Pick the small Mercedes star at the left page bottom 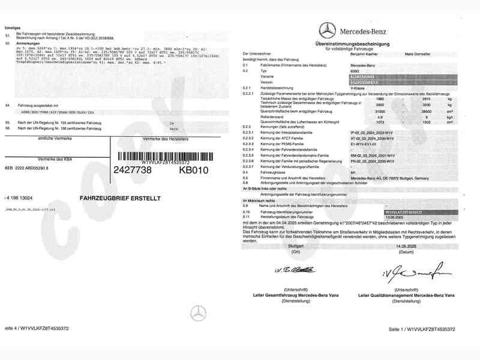pyautogui.click(x=197, y=313)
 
